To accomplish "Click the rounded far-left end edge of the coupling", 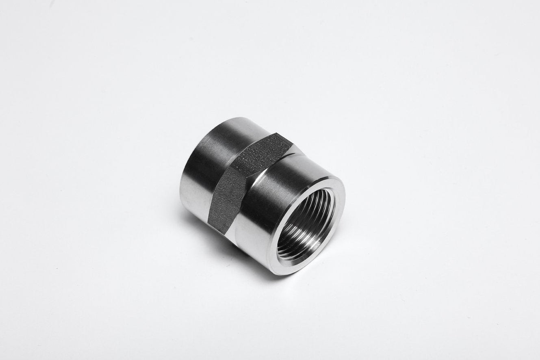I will tap(181, 183).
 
